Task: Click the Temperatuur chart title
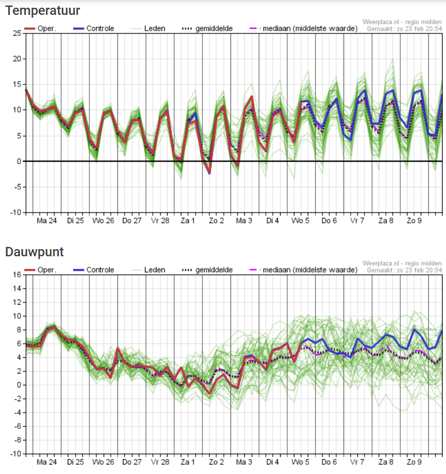click(x=42, y=11)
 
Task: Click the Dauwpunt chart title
click(x=35, y=252)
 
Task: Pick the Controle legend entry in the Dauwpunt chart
click(x=94, y=270)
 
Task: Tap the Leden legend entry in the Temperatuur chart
click(x=148, y=29)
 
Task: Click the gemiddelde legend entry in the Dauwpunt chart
click(x=207, y=270)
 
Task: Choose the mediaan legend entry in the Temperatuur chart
click(x=304, y=29)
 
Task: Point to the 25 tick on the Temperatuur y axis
click(x=17, y=33)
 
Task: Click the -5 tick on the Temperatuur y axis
click(x=17, y=187)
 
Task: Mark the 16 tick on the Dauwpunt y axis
click(x=17, y=275)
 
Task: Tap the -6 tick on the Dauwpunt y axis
click(x=17, y=427)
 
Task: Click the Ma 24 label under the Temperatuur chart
click(x=46, y=221)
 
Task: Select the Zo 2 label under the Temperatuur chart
click(x=216, y=221)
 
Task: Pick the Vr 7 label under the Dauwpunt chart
click(x=357, y=462)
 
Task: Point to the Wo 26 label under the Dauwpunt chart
click(x=103, y=462)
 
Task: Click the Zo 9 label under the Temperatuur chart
click(x=414, y=221)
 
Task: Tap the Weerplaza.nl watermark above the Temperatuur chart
click(x=402, y=22)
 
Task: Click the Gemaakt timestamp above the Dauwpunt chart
click(x=404, y=270)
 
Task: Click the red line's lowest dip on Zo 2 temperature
click(x=209, y=173)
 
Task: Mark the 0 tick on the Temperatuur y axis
click(x=19, y=161)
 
